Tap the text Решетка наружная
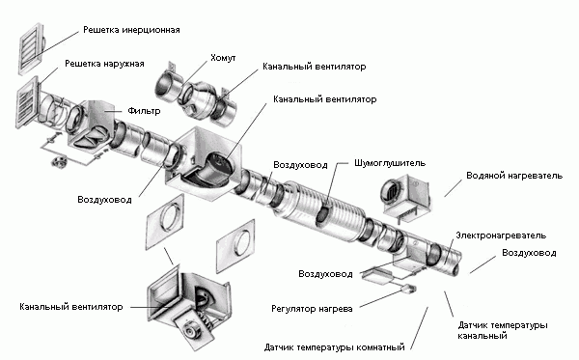[x=104, y=64]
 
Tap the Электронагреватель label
[x=501, y=235]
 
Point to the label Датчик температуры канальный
[x=509, y=331]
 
